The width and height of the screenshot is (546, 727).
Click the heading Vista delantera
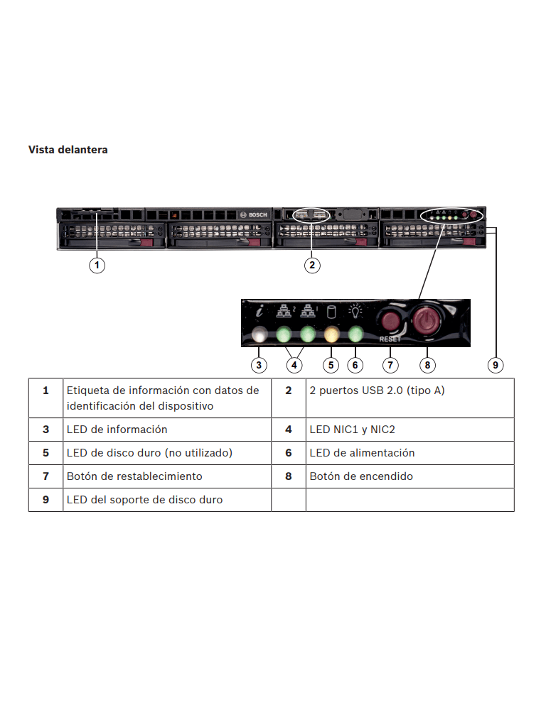pos(68,150)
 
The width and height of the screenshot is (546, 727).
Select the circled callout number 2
pos(312,265)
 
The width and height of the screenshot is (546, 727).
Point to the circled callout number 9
pos(496,365)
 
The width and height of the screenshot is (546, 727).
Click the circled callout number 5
pos(331,365)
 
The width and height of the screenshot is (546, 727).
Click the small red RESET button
pos(389,320)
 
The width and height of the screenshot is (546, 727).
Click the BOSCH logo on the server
pos(255,214)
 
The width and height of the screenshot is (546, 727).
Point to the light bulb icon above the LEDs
pos(355,311)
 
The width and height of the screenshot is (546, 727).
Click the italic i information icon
pos(260,311)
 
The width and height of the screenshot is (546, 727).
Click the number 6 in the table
pos(289,453)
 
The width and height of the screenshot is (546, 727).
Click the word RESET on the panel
pos(390,339)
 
